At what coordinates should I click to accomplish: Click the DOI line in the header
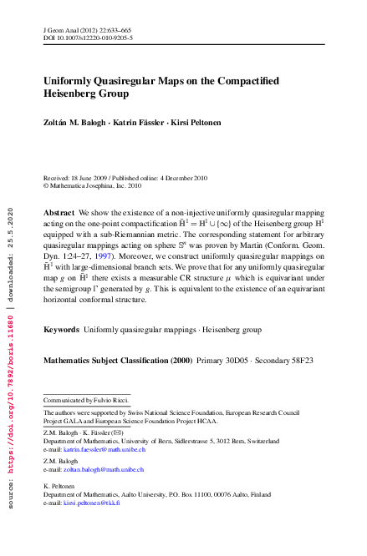click(x=87, y=38)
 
